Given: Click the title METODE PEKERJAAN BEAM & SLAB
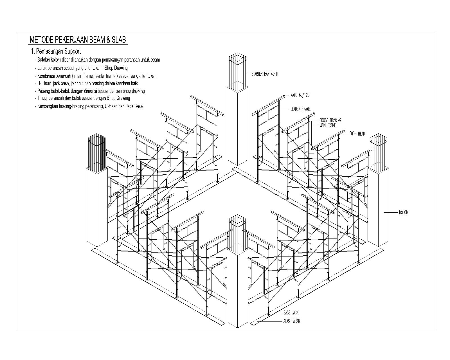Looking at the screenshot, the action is click(78, 40).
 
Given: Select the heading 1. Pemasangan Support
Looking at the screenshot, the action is click(56, 51).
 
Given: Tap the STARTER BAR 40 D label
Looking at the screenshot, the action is click(264, 74).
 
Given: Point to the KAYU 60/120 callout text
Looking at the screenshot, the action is click(300, 95).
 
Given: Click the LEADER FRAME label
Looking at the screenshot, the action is click(300, 109).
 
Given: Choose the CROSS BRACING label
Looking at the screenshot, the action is click(330, 120).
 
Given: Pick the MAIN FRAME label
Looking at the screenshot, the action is click(327, 125).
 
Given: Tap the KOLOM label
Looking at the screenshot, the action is click(404, 213).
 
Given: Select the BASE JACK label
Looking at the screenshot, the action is click(291, 312).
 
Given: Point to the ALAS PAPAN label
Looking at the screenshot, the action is click(291, 321).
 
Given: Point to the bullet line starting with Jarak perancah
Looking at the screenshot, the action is click(82, 68).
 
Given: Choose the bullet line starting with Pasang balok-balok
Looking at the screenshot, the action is click(90, 91).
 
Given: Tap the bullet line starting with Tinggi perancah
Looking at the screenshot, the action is click(83, 98).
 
